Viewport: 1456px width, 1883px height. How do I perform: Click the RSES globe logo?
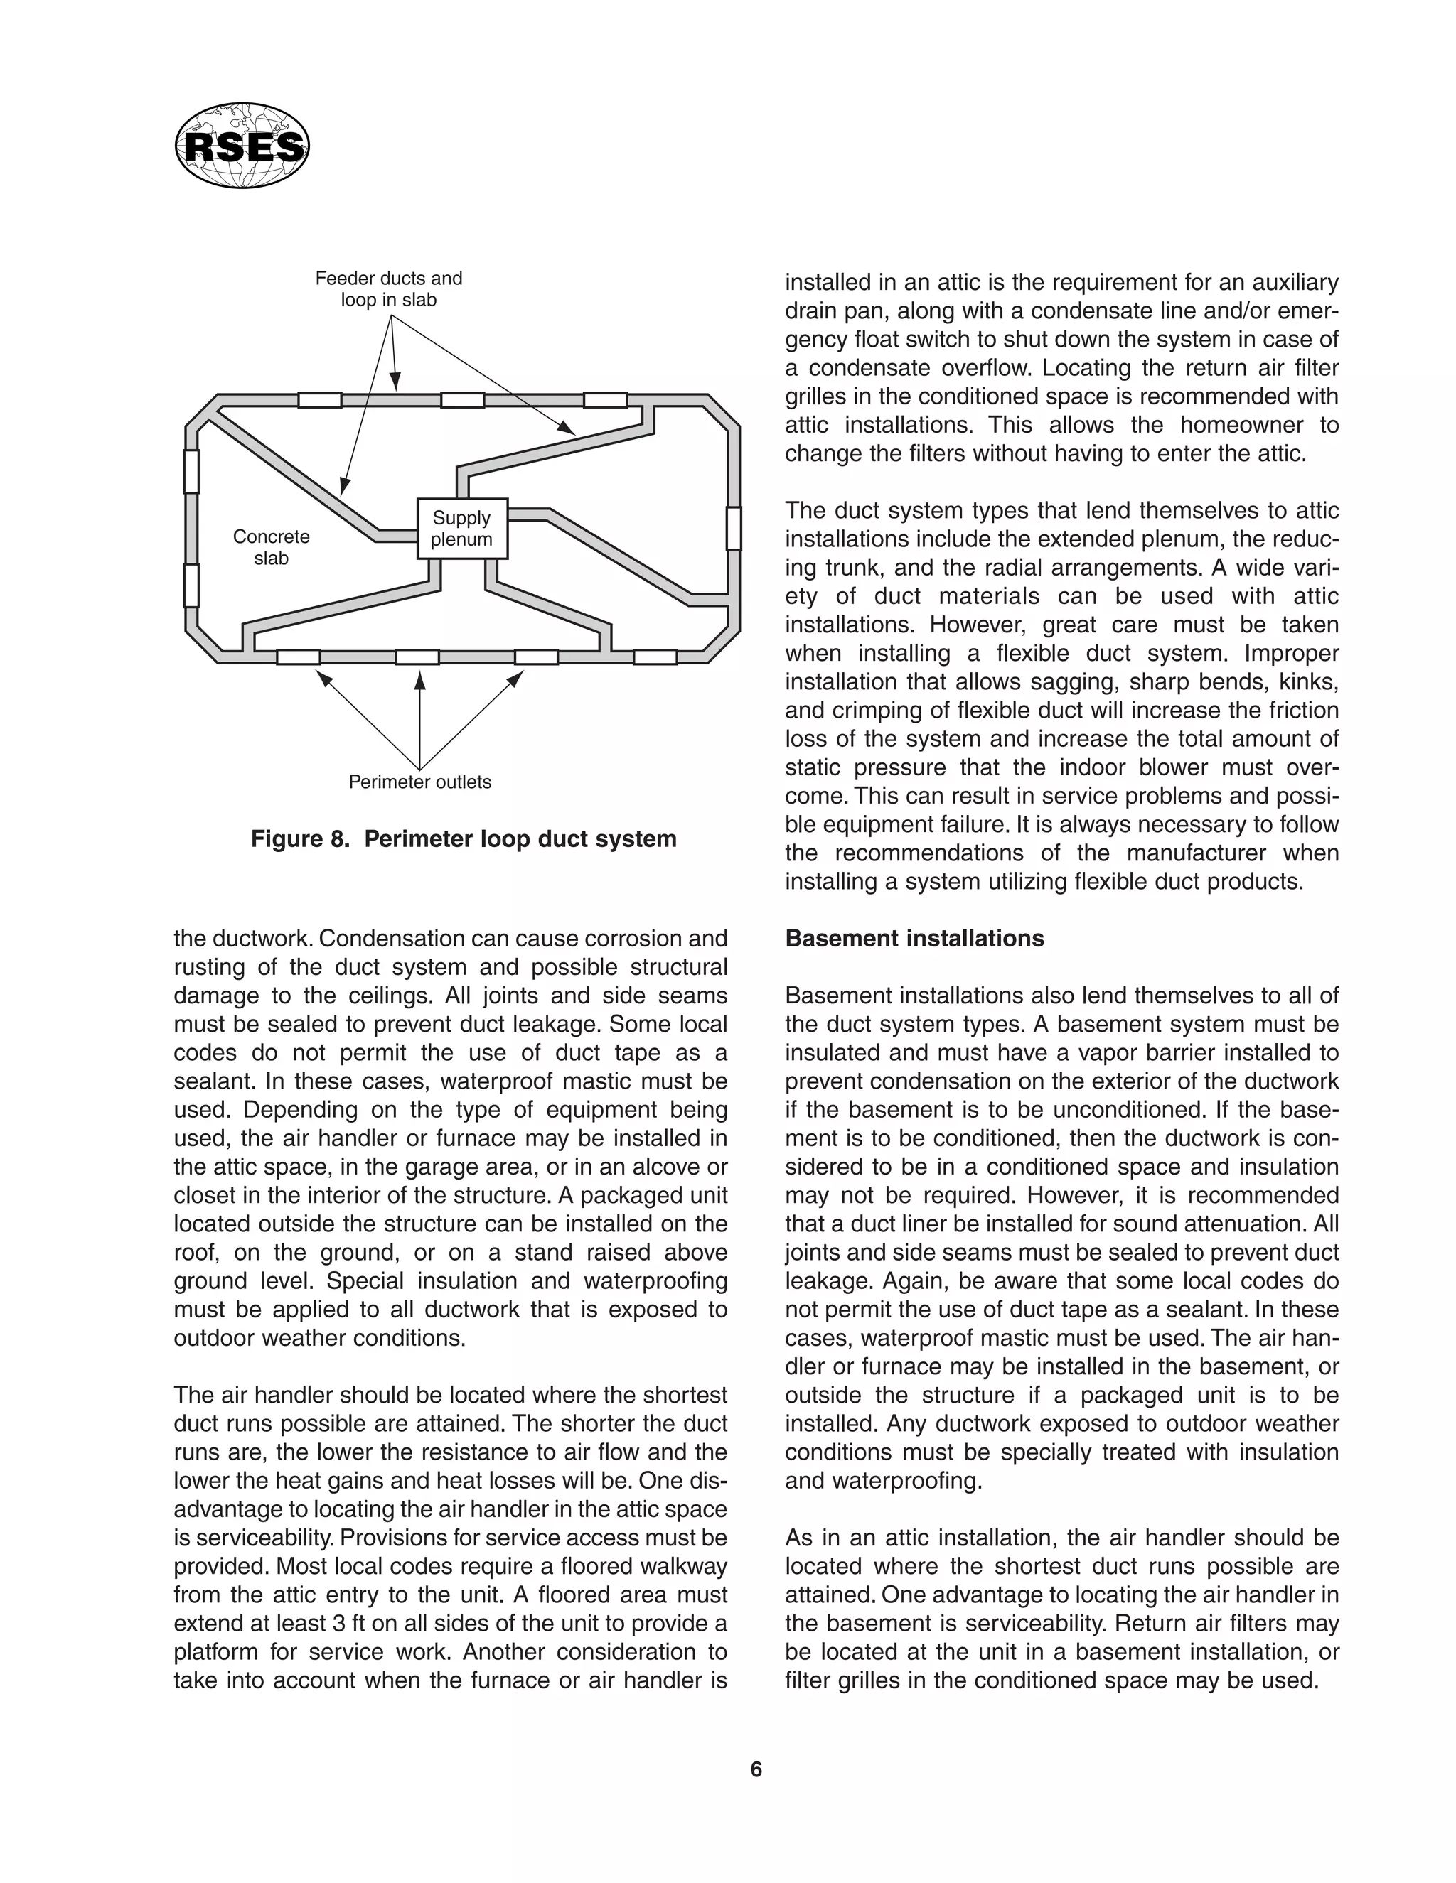coord(242,146)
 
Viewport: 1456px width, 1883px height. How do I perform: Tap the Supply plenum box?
coord(461,529)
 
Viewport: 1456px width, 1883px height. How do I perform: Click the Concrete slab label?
coord(271,547)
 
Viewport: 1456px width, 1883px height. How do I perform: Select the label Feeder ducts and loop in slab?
coord(388,288)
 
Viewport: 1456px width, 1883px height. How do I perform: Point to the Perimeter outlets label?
coord(419,782)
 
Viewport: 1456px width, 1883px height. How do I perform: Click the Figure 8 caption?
coord(464,839)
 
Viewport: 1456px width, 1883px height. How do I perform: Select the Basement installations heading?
coord(914,938)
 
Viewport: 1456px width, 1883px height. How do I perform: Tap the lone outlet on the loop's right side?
coord(733,529)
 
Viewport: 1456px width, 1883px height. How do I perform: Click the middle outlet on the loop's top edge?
coord(462,400)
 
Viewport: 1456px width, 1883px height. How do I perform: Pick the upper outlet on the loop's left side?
coord(191,470)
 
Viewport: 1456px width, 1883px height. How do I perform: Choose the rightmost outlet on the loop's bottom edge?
coord(655,657)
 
